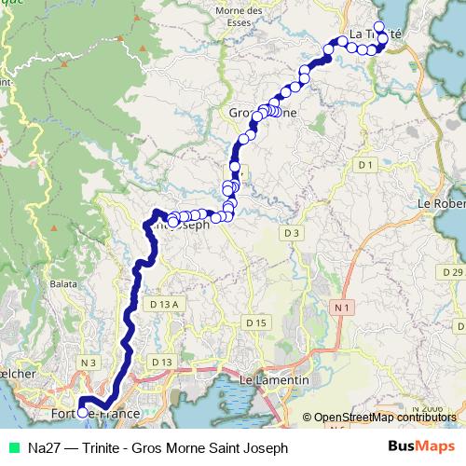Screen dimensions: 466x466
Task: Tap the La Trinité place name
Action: (x=375, y=34)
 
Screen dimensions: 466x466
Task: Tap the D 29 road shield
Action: (x=453, y=272)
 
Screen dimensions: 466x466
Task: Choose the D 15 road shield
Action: (x=256, y=322)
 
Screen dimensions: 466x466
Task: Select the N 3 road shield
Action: (x=89, y=362)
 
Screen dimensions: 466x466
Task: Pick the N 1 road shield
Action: (x=343, y=308)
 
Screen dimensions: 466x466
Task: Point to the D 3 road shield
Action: (x=293, y=232)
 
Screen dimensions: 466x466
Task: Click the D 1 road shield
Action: (x=364, y=165)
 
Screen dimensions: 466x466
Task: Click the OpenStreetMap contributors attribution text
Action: (x=384, y=418)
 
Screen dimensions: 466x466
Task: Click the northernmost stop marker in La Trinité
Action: (x=378, y=27)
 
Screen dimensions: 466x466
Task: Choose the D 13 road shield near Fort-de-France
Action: (x=162, y=362)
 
